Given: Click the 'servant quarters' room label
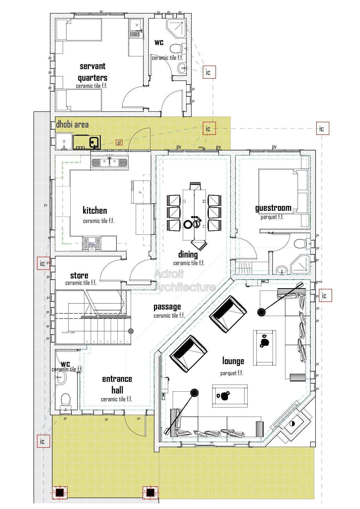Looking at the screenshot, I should click(93, 72).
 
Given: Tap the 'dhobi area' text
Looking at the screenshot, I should click(72, 125).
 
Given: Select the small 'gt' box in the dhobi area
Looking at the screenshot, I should click(119, 143).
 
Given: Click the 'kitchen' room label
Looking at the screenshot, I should click(95, 211).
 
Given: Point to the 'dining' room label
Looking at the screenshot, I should click(188, 255).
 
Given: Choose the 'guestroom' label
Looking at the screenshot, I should click(273, 208).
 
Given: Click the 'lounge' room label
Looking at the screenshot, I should click(233, 361).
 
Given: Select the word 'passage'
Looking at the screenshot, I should click(167, 307).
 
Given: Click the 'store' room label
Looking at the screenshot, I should click(79, 276).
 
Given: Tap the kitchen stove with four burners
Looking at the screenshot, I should click(92, 244).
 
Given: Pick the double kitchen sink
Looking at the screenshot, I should click(109, 162).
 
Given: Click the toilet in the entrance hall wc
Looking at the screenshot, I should click(66, 400).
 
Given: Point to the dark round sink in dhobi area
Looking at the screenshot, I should click(92, 142).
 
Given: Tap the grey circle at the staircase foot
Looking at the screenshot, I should click(131, 331).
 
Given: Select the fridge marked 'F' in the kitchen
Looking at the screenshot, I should click(141, 192).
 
